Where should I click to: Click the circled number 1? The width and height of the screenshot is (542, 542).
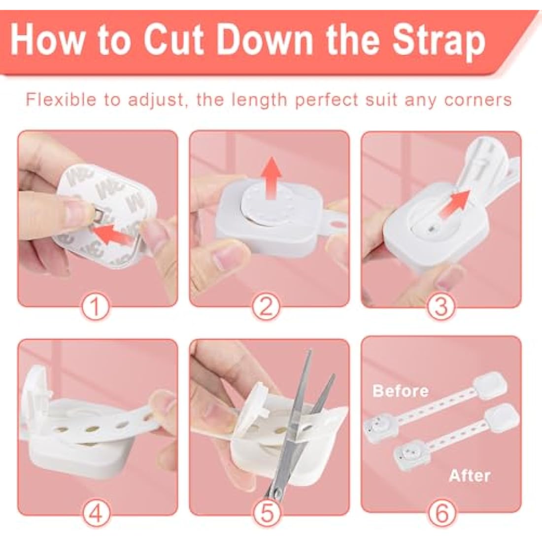pyautogui.click(x=96, y=307)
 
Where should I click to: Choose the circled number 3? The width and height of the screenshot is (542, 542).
pyautogui.click(x=440, y=307)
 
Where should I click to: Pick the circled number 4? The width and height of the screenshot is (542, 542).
pyautogui.click(x=96, y=513)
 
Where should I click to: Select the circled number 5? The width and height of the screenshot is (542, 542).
pyautogui.click(x=267, y=513)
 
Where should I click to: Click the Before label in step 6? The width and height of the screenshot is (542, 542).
pyautogui.click(x=401, y=391)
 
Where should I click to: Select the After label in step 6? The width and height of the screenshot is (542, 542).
pyautogui.click(x=470, y=476)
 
